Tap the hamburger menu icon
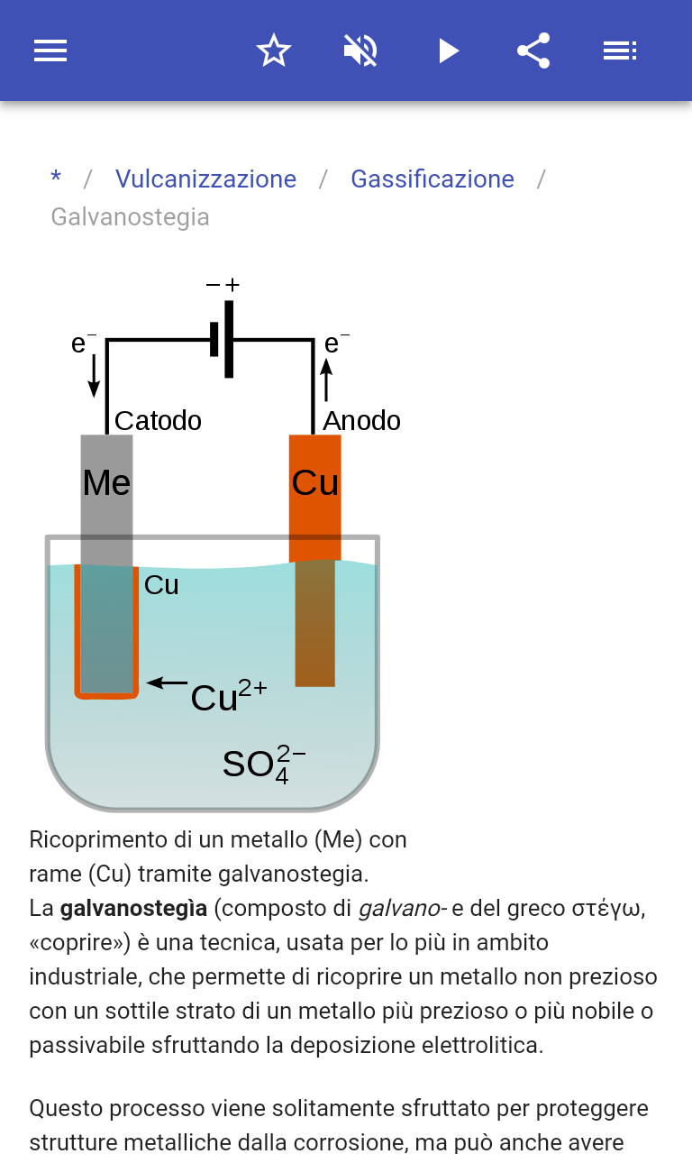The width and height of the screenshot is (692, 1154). [x=50, y=50]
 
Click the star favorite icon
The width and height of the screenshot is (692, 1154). [x=274, y=50]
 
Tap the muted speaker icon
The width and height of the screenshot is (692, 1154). [x=360, y=50]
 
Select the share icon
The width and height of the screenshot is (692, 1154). [x=533, y=50]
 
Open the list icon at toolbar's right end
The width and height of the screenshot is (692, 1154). [x=620, y=50]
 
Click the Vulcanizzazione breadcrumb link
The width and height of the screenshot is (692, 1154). [x=205, y=179]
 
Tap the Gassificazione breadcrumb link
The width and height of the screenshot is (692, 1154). [x=432, y=179]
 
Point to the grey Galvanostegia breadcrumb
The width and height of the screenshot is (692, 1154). [x=130, y=217]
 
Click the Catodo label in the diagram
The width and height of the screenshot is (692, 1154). [x=158, y=421]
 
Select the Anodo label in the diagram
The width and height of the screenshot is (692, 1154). [x=361, y=421]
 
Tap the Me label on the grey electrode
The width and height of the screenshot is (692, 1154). [x=106, y=483]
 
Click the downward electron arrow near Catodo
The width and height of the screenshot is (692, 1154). [x=94, y=377]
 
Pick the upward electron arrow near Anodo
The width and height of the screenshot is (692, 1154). [x=326, y=379]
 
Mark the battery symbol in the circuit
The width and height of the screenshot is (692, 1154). [x=223, y=340]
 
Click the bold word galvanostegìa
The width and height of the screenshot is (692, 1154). [x=133, y=909]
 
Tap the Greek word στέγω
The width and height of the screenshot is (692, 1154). [x=608, y=909]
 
